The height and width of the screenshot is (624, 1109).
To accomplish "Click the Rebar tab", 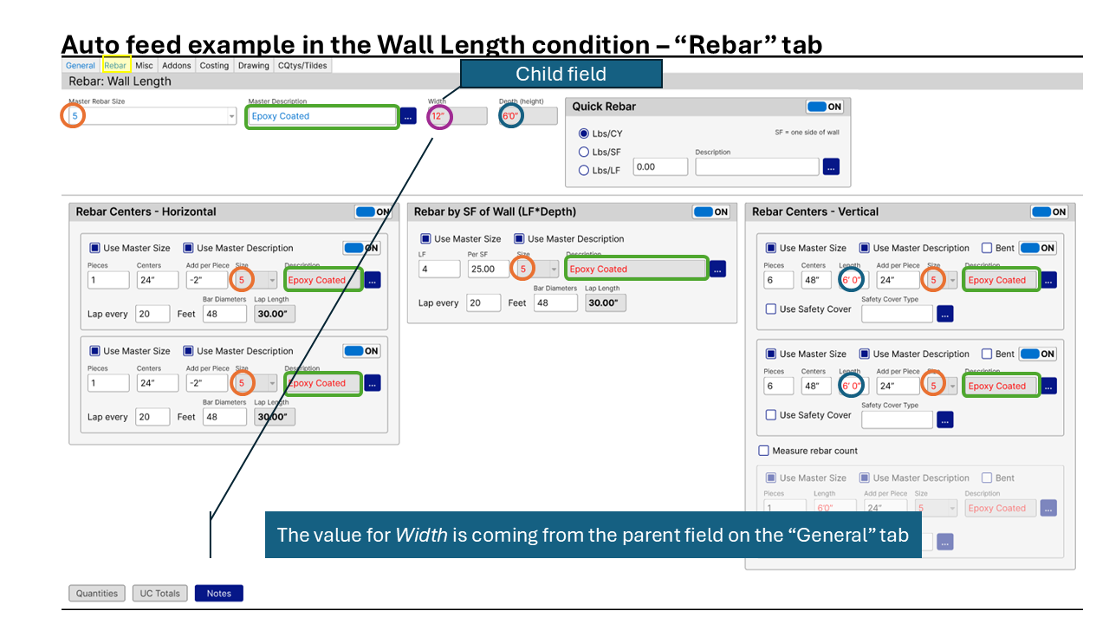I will point(115,65).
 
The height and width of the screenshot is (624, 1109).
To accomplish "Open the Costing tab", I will point(214,65).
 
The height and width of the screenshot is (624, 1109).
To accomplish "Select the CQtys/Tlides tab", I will point(302,65).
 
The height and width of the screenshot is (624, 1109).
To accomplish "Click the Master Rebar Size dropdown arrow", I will point(231,116).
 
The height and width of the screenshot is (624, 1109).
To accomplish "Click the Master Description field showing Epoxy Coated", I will point(322,116).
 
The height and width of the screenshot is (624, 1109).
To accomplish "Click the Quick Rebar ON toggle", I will point(825,107).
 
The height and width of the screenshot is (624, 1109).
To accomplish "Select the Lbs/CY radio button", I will point(584,134).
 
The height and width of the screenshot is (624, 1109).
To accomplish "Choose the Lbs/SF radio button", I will point(584,152).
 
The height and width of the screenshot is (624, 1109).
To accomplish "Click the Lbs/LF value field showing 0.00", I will point(659,166).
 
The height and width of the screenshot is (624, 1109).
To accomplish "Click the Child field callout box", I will point(561,74).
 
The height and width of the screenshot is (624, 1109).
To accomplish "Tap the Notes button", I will point(218,593).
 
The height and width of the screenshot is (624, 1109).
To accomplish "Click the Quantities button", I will point(97,593).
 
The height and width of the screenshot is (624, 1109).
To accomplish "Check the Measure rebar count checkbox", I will point(763,451).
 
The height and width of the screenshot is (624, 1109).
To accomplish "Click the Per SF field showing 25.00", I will point(490,269).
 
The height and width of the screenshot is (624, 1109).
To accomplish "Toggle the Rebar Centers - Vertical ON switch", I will point(1048,211).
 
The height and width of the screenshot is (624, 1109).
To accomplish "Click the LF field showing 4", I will point(438,269).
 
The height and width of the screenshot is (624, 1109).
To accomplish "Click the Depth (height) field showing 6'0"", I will point(528,116).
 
